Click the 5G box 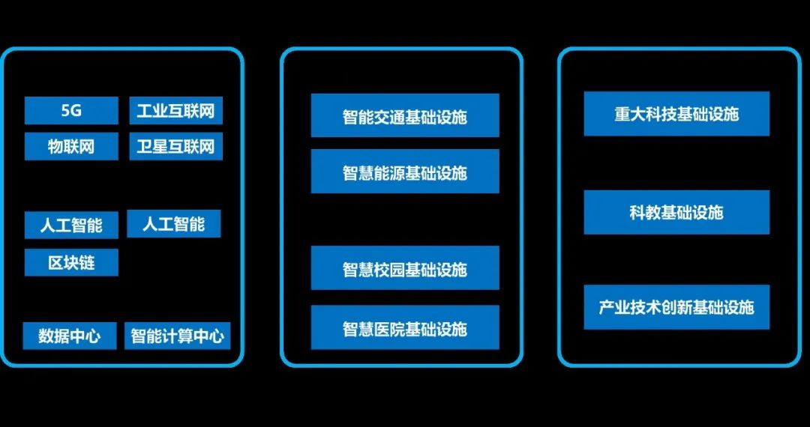[71, 111]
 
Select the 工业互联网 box [175, 111]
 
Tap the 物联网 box [71, 146]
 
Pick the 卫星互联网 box [175, 146]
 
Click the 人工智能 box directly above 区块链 [71, 224]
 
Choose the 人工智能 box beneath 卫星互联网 [173, 223]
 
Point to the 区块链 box [71, 263]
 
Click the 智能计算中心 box [177, 336]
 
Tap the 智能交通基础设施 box [405, 115]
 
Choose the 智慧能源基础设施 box [405, 172]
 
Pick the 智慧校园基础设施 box [405, 268]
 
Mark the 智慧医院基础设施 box [405, 327]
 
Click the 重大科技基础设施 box [676, 114]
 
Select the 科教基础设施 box [676, 212]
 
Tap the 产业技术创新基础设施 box [676, 307]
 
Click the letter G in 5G [76, 111]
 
